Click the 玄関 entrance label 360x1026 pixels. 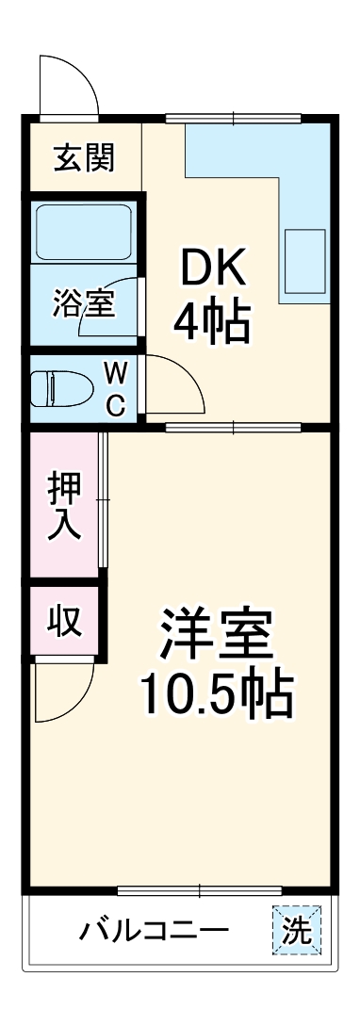[84, 158]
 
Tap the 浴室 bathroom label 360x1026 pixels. [84, 305]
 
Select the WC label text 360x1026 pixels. [115, 388]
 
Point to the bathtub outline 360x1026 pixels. [84, 233]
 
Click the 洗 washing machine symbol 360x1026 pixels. [298, 931]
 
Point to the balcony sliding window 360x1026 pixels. [200, 890]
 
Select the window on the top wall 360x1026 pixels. [234, 118]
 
